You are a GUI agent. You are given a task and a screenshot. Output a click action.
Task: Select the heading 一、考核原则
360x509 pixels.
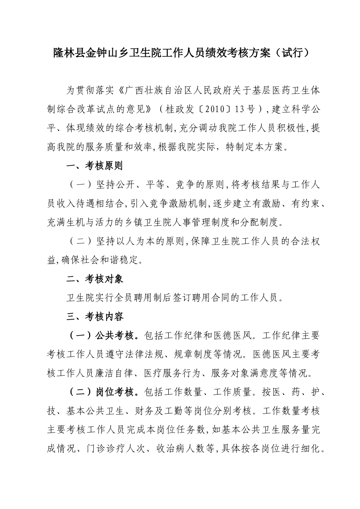pyautogui.click(x=94, y=166)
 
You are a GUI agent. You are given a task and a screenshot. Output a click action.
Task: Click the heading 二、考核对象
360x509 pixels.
pyautogui.click(x=94, y=279)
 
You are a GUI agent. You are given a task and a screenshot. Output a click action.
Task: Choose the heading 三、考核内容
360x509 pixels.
pyautogui.click(x=94, y=317)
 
